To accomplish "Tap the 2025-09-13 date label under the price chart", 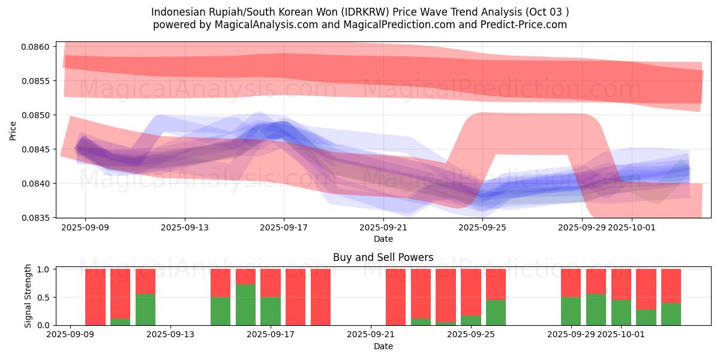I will [184, 228].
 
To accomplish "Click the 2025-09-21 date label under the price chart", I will [383, 228].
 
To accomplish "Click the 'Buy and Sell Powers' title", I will [383, 258].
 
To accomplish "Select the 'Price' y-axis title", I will [14, 130].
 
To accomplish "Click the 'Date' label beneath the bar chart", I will [383, 346].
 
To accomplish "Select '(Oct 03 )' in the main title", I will [547, 12].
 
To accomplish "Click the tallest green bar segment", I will [245, 305].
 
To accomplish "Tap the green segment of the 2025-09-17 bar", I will [271, 311].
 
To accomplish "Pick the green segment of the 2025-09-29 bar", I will [571, 311].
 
